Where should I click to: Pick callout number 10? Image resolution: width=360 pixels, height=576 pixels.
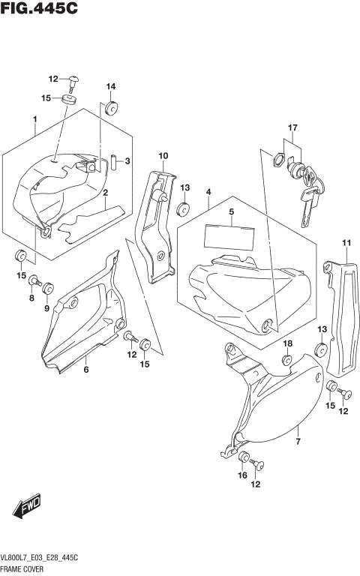pos(163,155)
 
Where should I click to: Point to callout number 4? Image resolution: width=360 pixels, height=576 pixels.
pos(208,193)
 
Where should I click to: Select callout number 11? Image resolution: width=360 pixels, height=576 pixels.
pos(346,241)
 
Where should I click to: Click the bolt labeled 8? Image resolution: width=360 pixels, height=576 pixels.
pos(33,281)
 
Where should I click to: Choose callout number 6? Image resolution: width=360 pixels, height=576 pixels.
pos(86,369)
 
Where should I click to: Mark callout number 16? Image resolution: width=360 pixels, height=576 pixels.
pos(242,475)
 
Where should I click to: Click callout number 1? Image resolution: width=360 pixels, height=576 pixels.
pos(34,119)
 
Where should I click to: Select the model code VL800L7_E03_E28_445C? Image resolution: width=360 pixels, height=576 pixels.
pos(46,561)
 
